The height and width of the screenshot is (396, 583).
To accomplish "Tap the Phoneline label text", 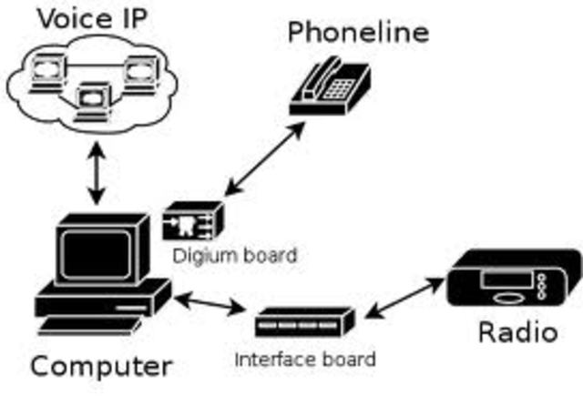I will pos(357,33).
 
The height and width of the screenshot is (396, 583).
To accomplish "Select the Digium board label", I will pos(235,256).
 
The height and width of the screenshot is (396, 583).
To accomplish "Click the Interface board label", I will pos(304,359).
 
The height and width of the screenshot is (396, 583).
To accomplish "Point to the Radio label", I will pos(517,332).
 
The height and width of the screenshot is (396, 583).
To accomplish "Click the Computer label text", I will pos(100,366).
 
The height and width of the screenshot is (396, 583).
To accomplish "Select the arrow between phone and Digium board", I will pos(270,157).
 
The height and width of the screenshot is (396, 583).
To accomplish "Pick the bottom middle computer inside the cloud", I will pos(95,96).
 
